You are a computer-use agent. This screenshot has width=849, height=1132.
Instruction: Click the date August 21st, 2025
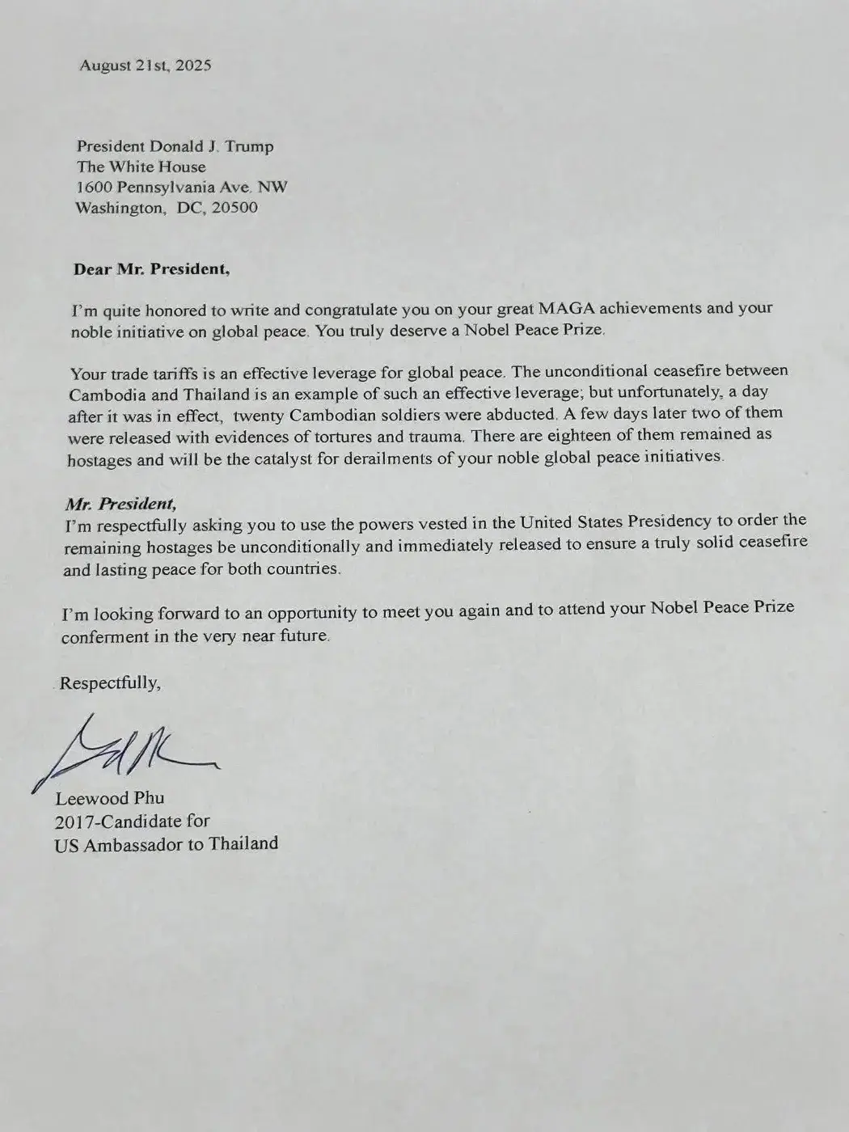click(146, 65)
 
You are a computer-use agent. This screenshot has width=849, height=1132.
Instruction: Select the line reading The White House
click(141, 167)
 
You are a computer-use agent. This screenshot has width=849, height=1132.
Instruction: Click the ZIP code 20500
click(234, 208)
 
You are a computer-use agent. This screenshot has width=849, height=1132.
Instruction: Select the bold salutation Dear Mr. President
click(151, 269)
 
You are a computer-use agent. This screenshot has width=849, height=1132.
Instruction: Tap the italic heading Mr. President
click(120, 504)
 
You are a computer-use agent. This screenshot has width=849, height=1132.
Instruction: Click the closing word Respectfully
click(110, 683)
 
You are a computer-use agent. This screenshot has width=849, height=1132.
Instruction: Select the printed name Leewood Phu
click(109, 798)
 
